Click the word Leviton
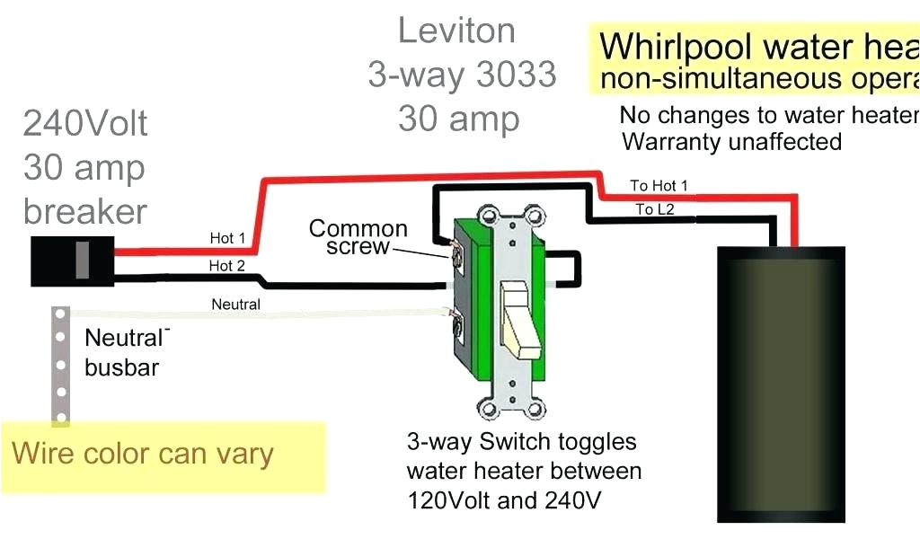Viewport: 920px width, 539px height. pyautogui.click(x=456, y=31)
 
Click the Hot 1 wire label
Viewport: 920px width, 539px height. pyautogui.click(x=227, y=238)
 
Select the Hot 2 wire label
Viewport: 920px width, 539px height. pyautogui.click(x=227, y=266)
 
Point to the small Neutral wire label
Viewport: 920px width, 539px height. pyautogui.click(x=235, y=305)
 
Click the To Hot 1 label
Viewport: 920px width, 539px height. pyautogui.click(x=659, y=186)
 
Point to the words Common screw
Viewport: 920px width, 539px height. pyautogui.click(x=358, y=237)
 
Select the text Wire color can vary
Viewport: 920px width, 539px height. pyautogui.click(x=142, y=454)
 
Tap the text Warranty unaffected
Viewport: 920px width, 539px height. pyautogui.click(x=731, y=142)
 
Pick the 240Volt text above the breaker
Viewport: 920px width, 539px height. pyautogui.click(x=85, y=123)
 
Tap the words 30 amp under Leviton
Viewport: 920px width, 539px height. pyautogui.click(x=458, y=119)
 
